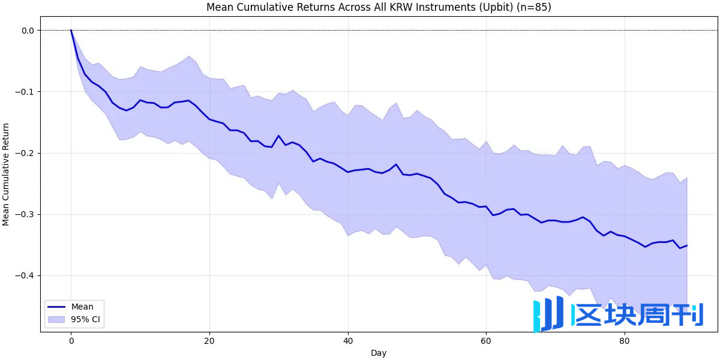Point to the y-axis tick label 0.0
click(x=28, y=30)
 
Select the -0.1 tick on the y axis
click(x=26, y=92)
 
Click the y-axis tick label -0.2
click(x=26, y=153)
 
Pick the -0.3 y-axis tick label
click(x=26, y=214)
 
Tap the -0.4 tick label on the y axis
click(x=26, y=275)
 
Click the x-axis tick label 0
click(x=71, y=341)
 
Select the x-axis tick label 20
click(x=209, y=341)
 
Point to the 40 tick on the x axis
click(x=347, y=341)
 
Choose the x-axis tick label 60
click(x=486, y=341)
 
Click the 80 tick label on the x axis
click(x=624, y=341)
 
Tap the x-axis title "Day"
click(x=379, y=353)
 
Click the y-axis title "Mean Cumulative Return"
click(x=7, y=174)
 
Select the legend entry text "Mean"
click(x=82, y=307)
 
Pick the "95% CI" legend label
click(x=86, y=319)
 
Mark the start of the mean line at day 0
click(x=71, y=30)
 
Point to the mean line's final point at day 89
click(x=686, y=245)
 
